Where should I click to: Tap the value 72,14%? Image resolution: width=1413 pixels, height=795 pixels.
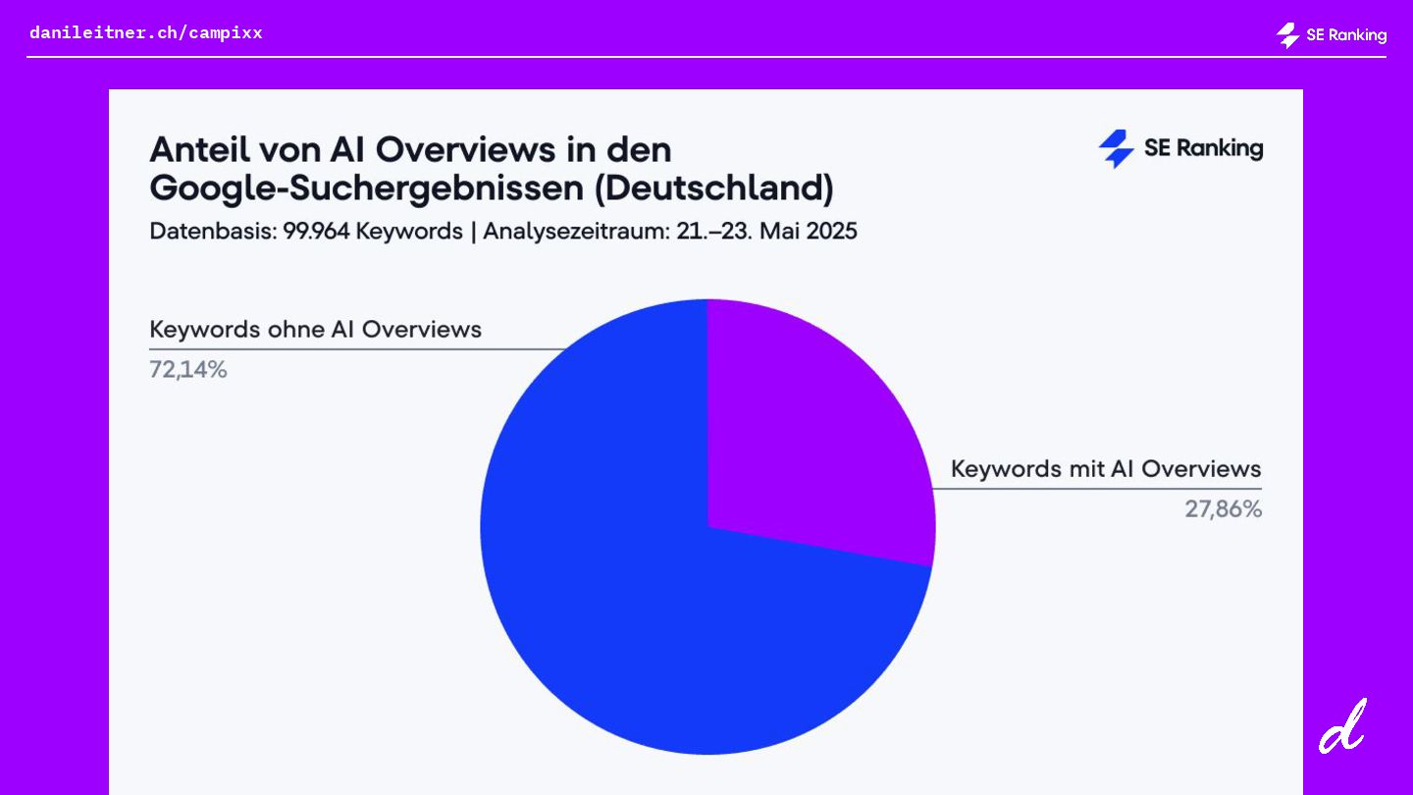(188, 370)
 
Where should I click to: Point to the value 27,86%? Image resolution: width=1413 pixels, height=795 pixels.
(1223, 509)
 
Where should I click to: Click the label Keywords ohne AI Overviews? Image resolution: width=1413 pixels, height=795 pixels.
(315, 330)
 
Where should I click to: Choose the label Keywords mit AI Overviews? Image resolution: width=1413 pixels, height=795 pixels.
(1106, 469)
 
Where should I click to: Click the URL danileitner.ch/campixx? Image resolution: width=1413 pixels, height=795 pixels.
(146, 32)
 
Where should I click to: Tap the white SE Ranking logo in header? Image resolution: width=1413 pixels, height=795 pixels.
(1331, 35)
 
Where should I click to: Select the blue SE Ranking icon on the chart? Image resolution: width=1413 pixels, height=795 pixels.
(1116, 149)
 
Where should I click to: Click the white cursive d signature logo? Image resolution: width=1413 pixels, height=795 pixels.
(1342, 726)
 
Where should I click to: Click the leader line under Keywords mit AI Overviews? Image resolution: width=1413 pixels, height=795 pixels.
(1099, 488)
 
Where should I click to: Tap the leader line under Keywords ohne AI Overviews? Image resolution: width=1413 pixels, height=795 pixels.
(353, 348)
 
